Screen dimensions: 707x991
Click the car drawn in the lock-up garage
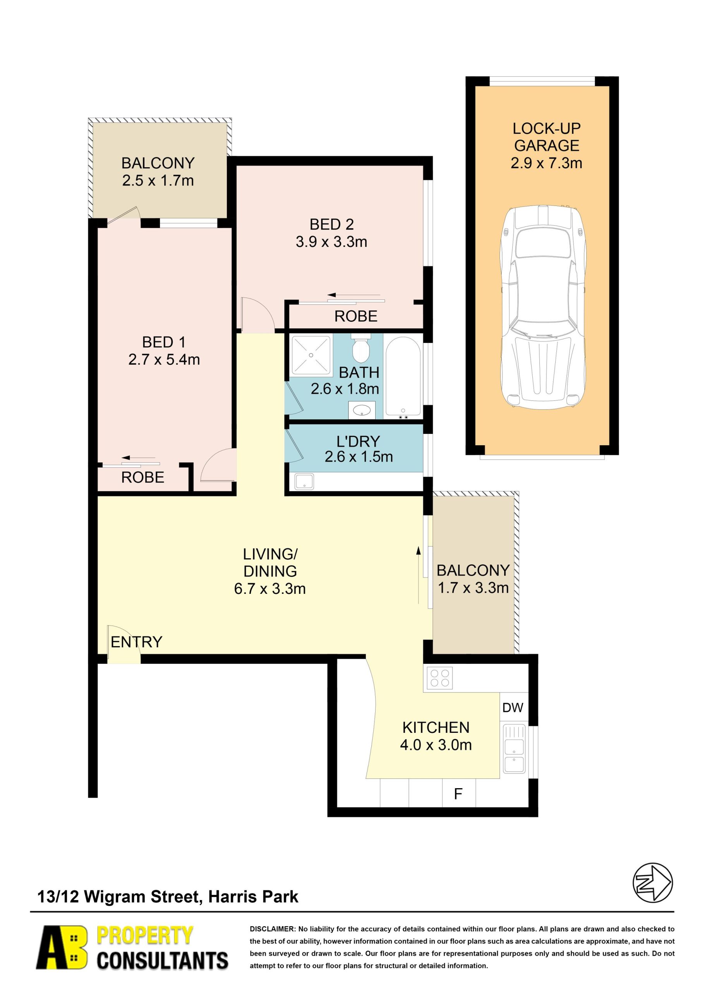point(543,307)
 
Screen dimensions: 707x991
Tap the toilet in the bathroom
point(360,348)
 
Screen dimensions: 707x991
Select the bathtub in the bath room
point(403,377)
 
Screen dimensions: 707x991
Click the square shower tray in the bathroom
point(311,355)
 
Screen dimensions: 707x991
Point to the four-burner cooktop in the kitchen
point(440,678)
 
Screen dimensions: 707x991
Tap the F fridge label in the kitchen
point(458,794)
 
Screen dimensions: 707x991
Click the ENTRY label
point(136,642)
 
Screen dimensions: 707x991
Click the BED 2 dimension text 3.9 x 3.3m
point(331,242)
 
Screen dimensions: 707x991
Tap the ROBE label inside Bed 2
point(356,316)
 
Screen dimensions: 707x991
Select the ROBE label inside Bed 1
point(142,477)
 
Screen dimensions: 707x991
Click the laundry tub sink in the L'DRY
point(304,481)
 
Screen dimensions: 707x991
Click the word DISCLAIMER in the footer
point(272,929)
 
